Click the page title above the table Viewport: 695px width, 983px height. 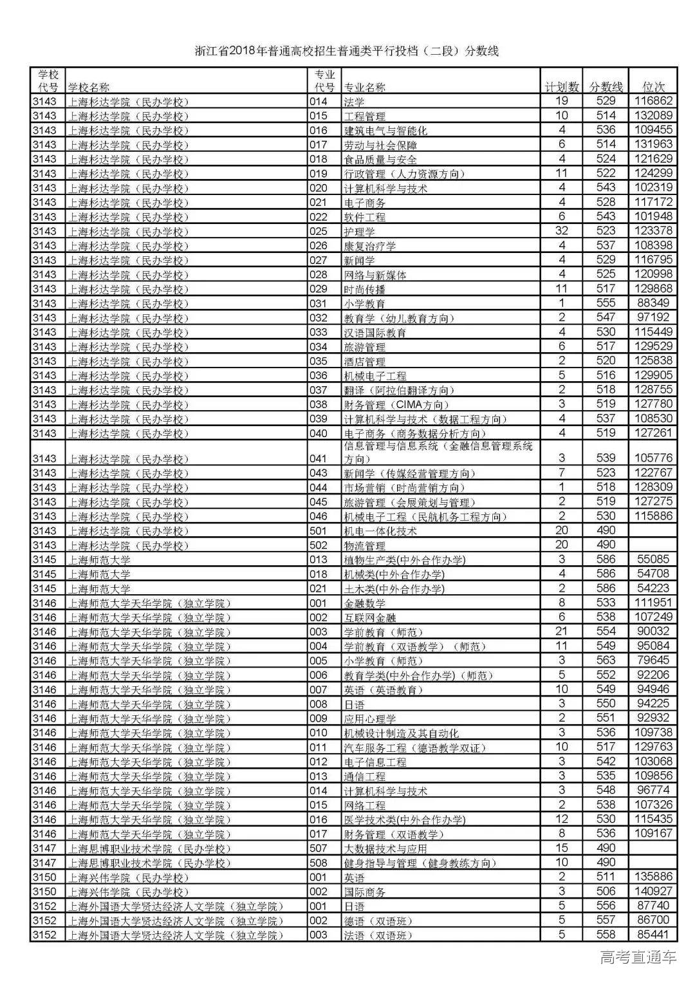[x=347, y=51]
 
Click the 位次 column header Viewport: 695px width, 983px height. [x=654, y=87]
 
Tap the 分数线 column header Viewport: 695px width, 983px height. [x=606, y=87]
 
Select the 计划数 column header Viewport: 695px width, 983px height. [x=562, y=87]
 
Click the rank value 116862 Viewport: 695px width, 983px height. [x=653, y=101]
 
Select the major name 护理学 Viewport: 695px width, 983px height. [x=360, y=232]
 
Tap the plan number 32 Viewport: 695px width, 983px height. [x=562, y=231]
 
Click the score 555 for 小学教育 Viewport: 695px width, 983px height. [x=606, y=303]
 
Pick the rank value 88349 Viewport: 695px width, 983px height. [x=653, y=303]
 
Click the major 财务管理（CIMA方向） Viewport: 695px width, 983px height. [x=394, y=405]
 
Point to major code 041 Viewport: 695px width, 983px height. [x=319, y=458]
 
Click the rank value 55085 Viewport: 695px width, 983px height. [x=653, y=559]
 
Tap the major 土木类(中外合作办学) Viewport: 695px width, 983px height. [x=394, y=589]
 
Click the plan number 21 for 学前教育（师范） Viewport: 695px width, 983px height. [x=562, y=632]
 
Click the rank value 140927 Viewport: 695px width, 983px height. [x=653, y=892]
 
